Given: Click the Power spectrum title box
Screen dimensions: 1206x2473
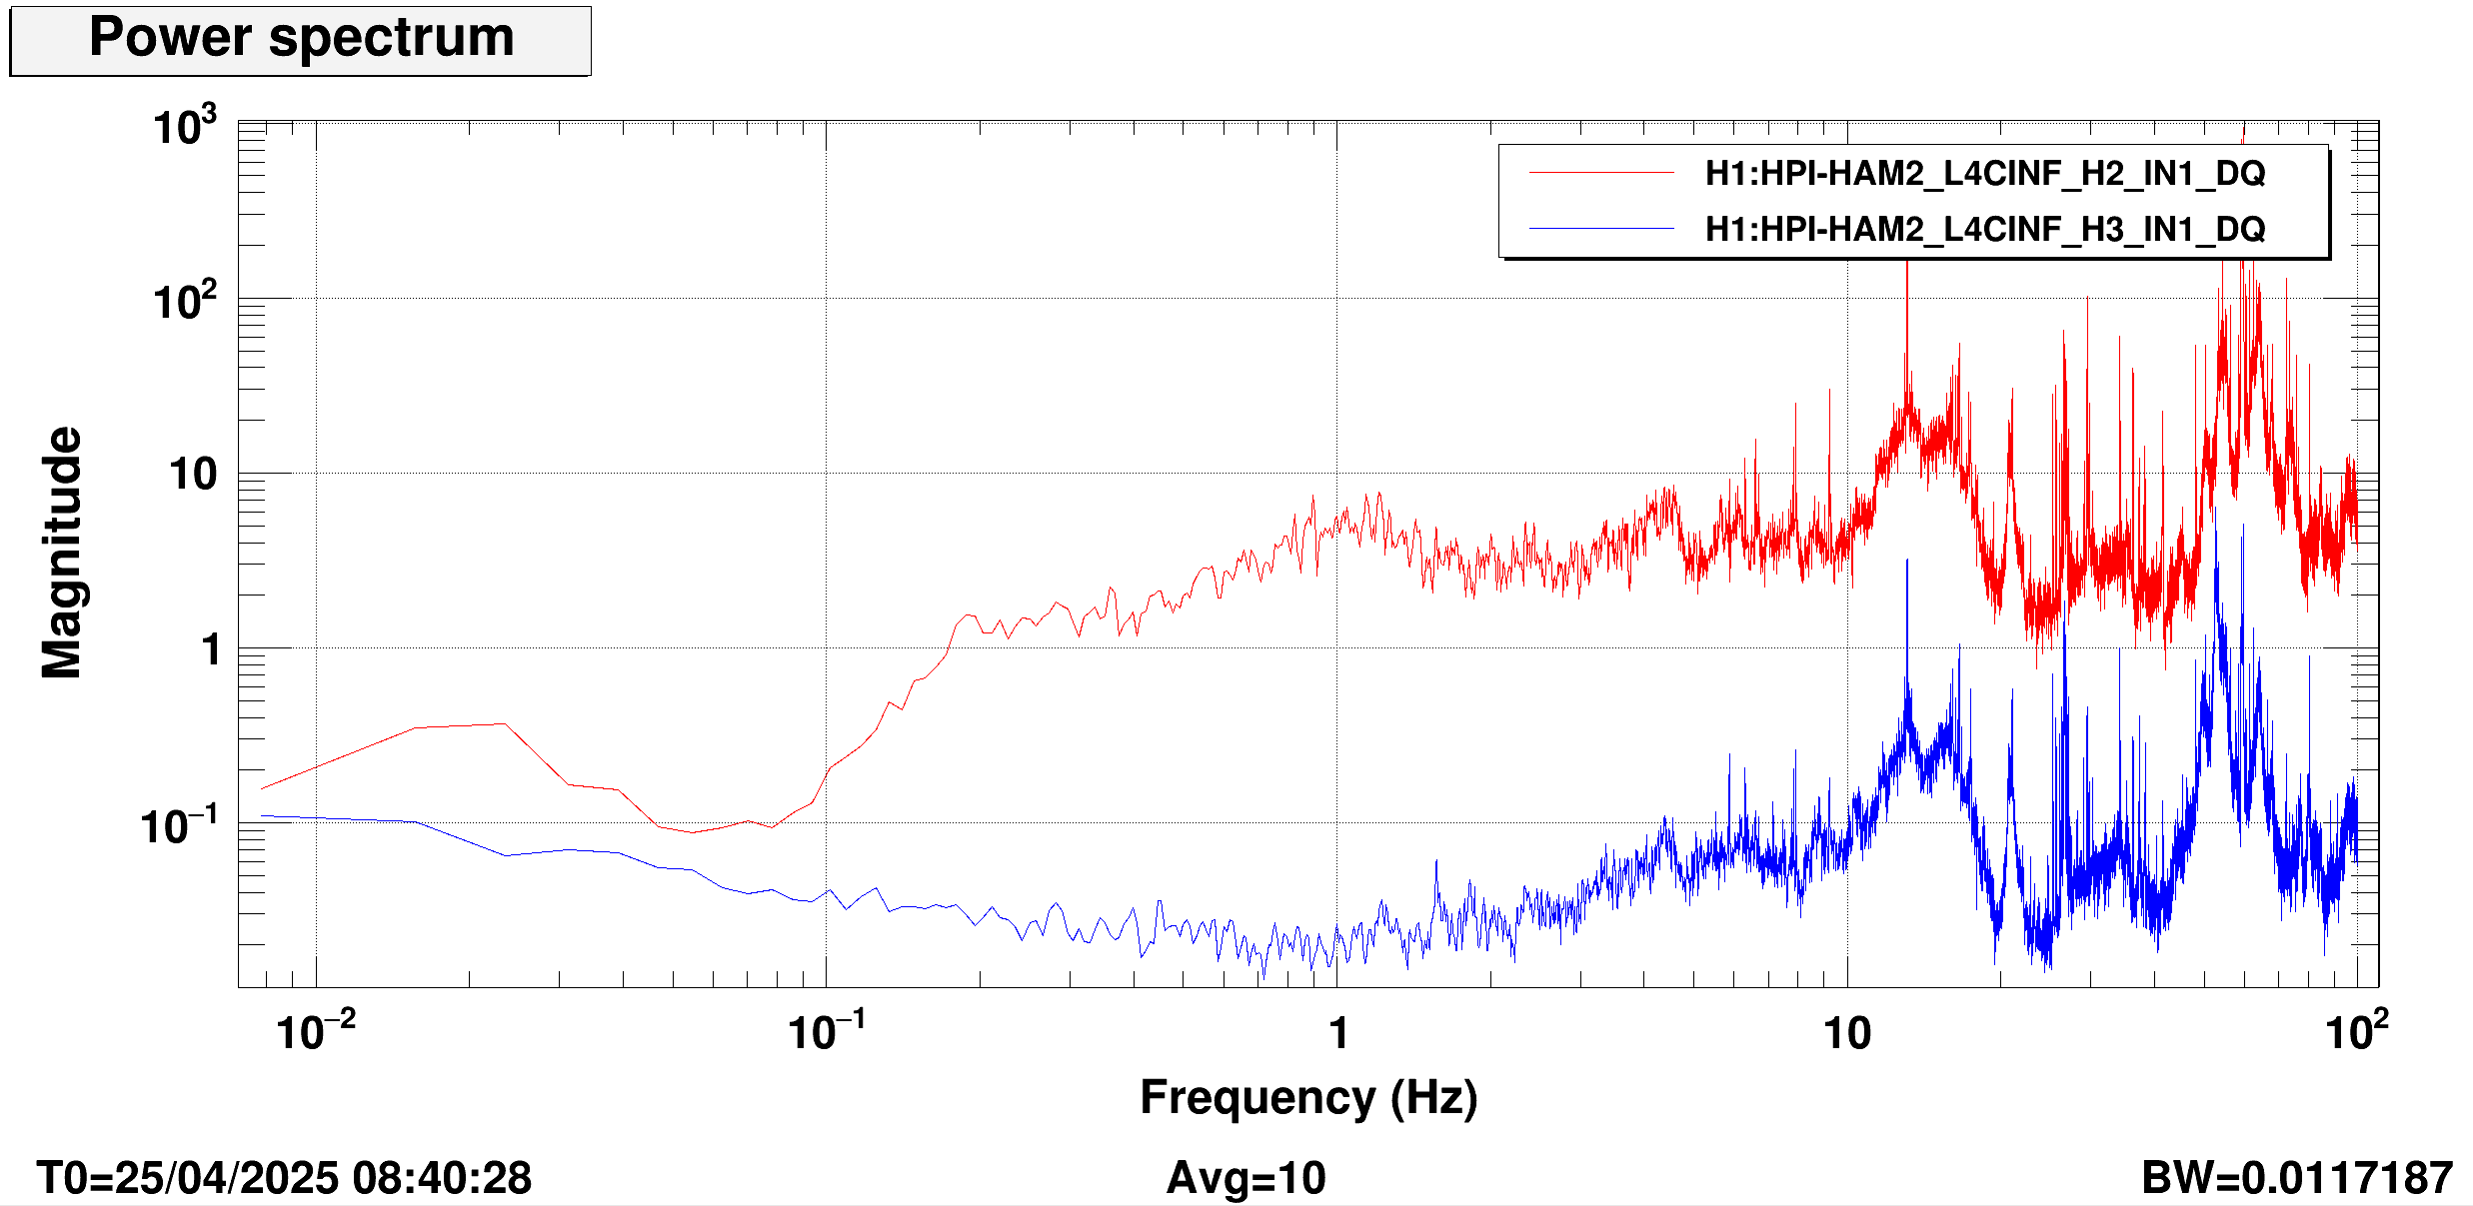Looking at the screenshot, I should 300,40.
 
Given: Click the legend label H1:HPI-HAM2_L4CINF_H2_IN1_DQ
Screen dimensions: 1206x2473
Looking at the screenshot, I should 1984,173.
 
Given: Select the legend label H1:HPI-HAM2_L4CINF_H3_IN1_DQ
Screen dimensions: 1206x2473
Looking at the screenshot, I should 1984,229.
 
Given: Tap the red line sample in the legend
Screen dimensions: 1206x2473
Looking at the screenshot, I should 1601,173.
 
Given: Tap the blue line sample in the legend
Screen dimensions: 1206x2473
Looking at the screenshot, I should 1601,229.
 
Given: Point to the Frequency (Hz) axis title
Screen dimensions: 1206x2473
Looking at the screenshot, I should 1307,1097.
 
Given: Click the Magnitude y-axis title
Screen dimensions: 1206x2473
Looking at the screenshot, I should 62,553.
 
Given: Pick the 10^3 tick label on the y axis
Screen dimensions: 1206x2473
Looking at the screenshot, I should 184,127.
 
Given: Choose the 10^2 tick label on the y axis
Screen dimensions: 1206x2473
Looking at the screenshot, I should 184,300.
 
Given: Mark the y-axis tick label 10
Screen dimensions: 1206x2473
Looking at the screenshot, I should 193,475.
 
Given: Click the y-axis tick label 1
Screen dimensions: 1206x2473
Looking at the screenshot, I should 210,649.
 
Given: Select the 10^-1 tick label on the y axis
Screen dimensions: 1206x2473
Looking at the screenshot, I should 179,826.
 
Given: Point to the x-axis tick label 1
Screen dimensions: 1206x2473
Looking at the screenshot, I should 1338,1033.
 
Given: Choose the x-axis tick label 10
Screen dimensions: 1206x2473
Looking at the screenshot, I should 1846,1033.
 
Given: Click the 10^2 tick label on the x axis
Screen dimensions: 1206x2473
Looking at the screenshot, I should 2356,1031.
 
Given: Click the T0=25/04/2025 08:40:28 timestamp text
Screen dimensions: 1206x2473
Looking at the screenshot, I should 284,1178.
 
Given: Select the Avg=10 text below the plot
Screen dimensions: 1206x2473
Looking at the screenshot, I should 1245,1178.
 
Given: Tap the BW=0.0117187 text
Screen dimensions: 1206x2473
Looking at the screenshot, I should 2296,1178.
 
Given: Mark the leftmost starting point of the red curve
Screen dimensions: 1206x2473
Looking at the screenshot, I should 262,788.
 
